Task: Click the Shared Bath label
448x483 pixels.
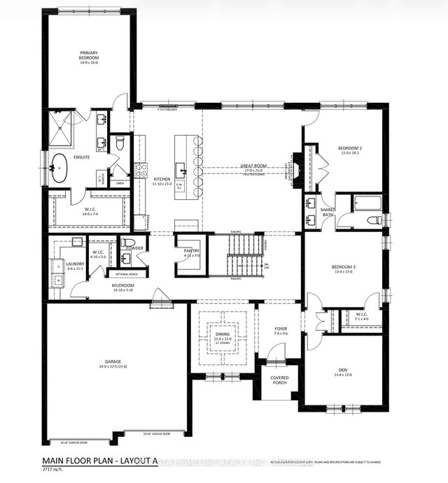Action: [328, 211]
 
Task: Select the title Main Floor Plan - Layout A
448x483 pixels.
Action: [105, 460]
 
